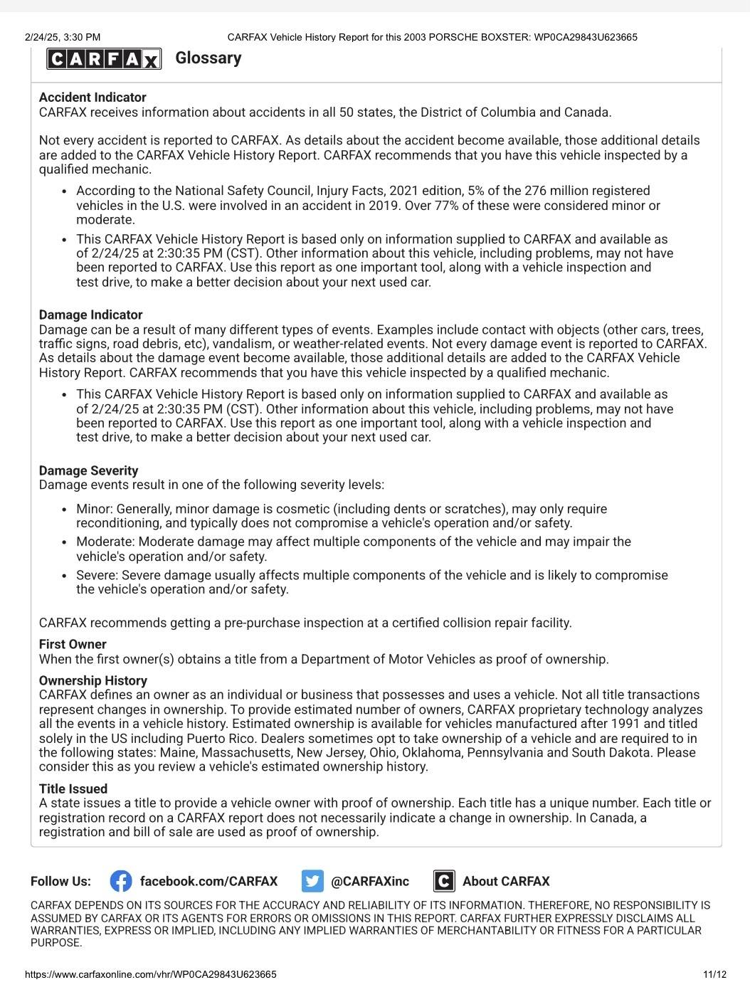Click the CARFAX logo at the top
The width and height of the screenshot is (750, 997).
104,58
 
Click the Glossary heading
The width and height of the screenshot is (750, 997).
208,58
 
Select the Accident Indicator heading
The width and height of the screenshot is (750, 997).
93,97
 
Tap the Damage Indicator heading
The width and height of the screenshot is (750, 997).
90,315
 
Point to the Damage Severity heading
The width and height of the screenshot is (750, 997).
88,470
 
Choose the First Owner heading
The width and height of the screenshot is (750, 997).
73,644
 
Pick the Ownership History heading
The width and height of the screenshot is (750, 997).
93,680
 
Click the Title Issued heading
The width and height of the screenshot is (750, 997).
73,788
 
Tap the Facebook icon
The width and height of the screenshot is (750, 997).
121,881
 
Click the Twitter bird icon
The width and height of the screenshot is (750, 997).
312,881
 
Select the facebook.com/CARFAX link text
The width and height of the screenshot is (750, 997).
208,881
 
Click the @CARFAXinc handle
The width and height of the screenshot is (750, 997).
370,881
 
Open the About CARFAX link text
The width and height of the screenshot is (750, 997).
506,881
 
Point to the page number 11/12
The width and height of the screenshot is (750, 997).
714,974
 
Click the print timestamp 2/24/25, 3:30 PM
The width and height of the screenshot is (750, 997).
63,37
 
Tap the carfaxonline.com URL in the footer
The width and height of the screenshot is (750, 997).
150,974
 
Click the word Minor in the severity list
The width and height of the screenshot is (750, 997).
94,509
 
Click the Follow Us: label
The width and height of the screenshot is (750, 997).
60,881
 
